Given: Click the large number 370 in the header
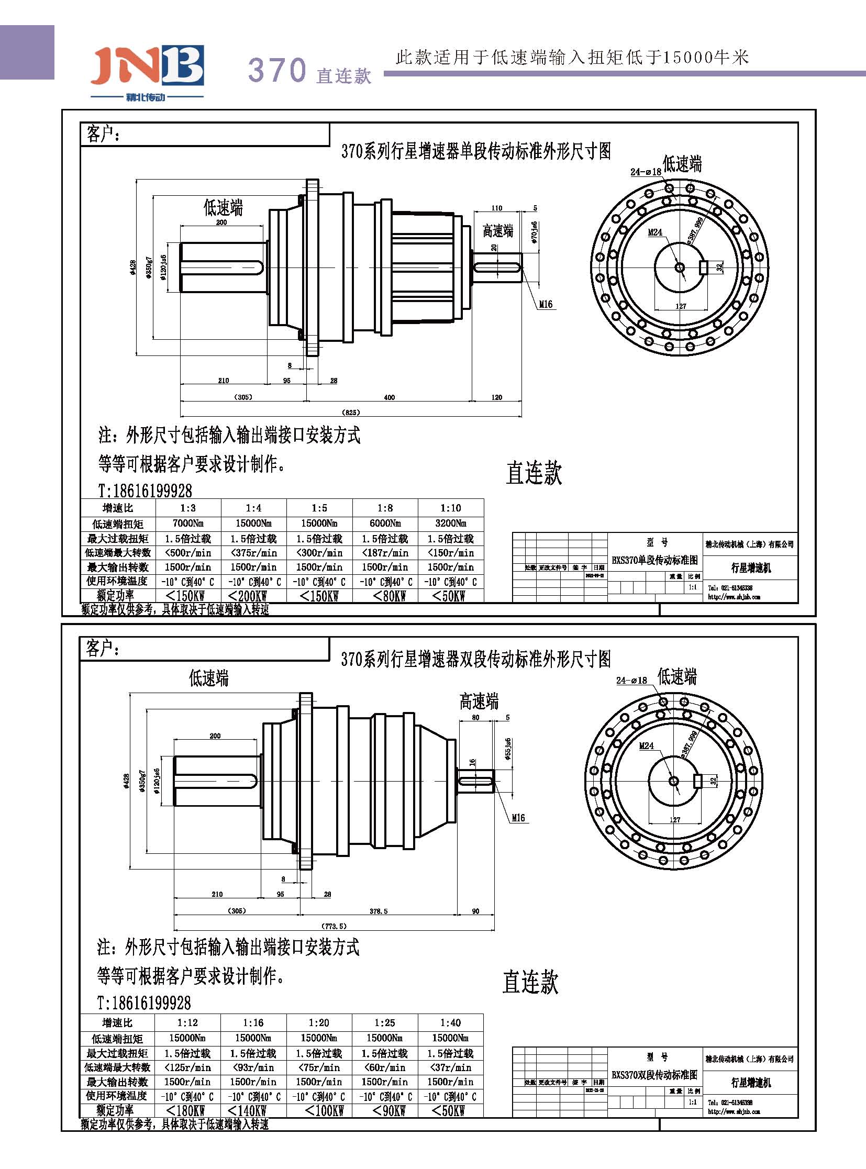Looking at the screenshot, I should [x=277, y=70].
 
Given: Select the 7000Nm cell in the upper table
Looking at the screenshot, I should [x=187, y=523].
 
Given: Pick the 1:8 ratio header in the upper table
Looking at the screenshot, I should [x=385, y=508].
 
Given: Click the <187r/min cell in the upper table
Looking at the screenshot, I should [x=385, y=552].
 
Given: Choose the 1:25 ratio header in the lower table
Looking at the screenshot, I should [x=385, y=1023].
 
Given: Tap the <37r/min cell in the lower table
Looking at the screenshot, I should [x=450, y=1067].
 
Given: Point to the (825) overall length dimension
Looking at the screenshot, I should [x=351, y=412].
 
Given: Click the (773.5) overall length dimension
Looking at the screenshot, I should [x=334, y=926].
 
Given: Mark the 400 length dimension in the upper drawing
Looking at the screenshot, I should [x=390, y=397].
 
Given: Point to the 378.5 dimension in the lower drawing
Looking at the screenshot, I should [x=379, y=911].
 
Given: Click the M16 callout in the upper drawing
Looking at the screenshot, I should [x=546, y=305].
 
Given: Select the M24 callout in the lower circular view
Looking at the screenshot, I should [x=646, y=746].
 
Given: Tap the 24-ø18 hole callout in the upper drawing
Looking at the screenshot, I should [x=645, y=172].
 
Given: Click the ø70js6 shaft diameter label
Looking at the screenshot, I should [x=534, y=232].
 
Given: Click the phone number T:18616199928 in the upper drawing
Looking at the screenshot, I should [x=145, y=491].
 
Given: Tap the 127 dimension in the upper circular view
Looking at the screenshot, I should [x=681, y=306].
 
